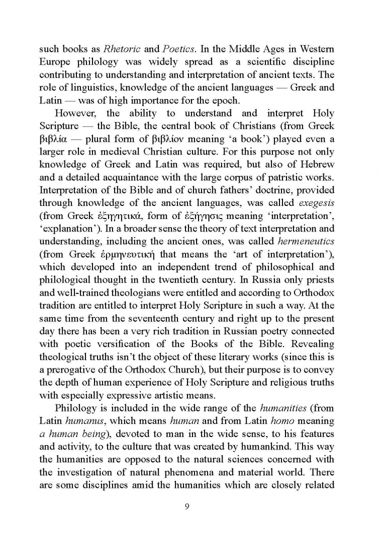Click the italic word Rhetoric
121,49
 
